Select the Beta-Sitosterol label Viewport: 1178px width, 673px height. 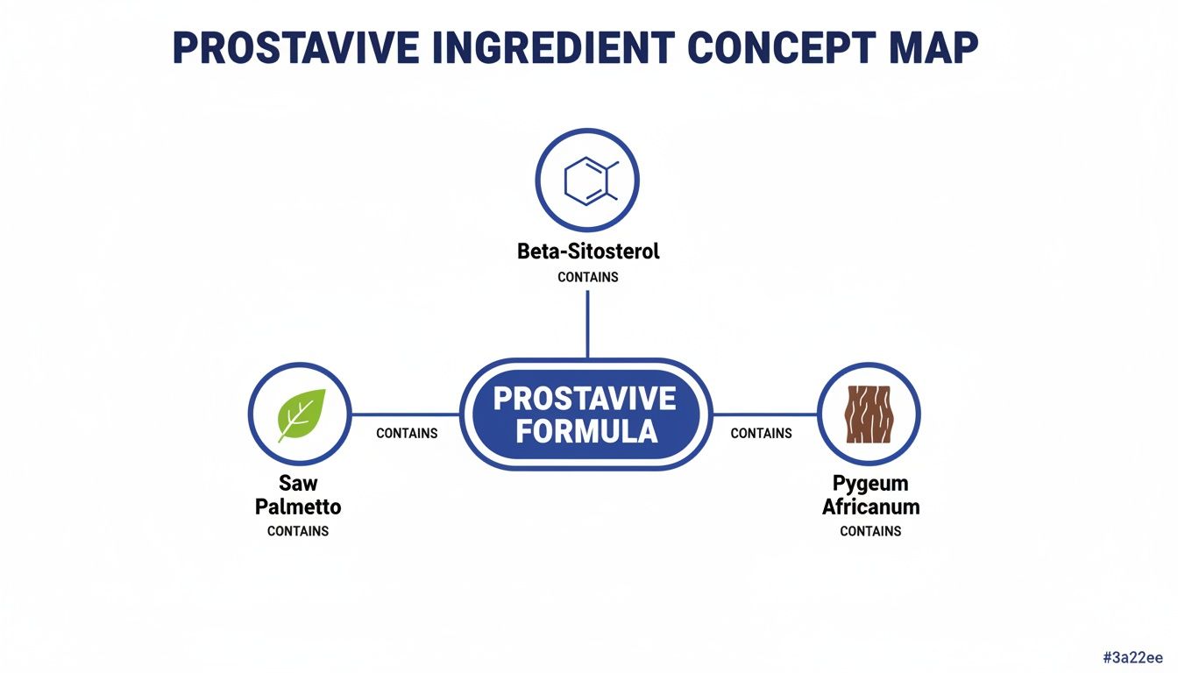click(588, 251)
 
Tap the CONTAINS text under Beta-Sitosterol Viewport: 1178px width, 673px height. click(588, 277)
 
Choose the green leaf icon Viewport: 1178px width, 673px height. click(300, 414)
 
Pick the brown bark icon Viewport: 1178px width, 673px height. click(869, 414)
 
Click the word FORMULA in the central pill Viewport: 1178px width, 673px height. click(586, 431)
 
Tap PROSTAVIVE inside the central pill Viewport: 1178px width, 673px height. click(586, 399)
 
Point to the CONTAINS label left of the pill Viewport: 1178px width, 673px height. click(407, 433)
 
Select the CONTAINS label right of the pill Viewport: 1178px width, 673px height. click(761, 433)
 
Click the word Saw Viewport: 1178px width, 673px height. click(298, 483)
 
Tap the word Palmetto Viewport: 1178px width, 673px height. click(298, 507)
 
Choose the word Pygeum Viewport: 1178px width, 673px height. click(870, 483)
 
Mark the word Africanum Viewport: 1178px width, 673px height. click(870, 507)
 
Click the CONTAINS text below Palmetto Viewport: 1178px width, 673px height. click(298, 531)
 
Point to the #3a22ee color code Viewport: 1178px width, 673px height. click(1132, 656)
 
